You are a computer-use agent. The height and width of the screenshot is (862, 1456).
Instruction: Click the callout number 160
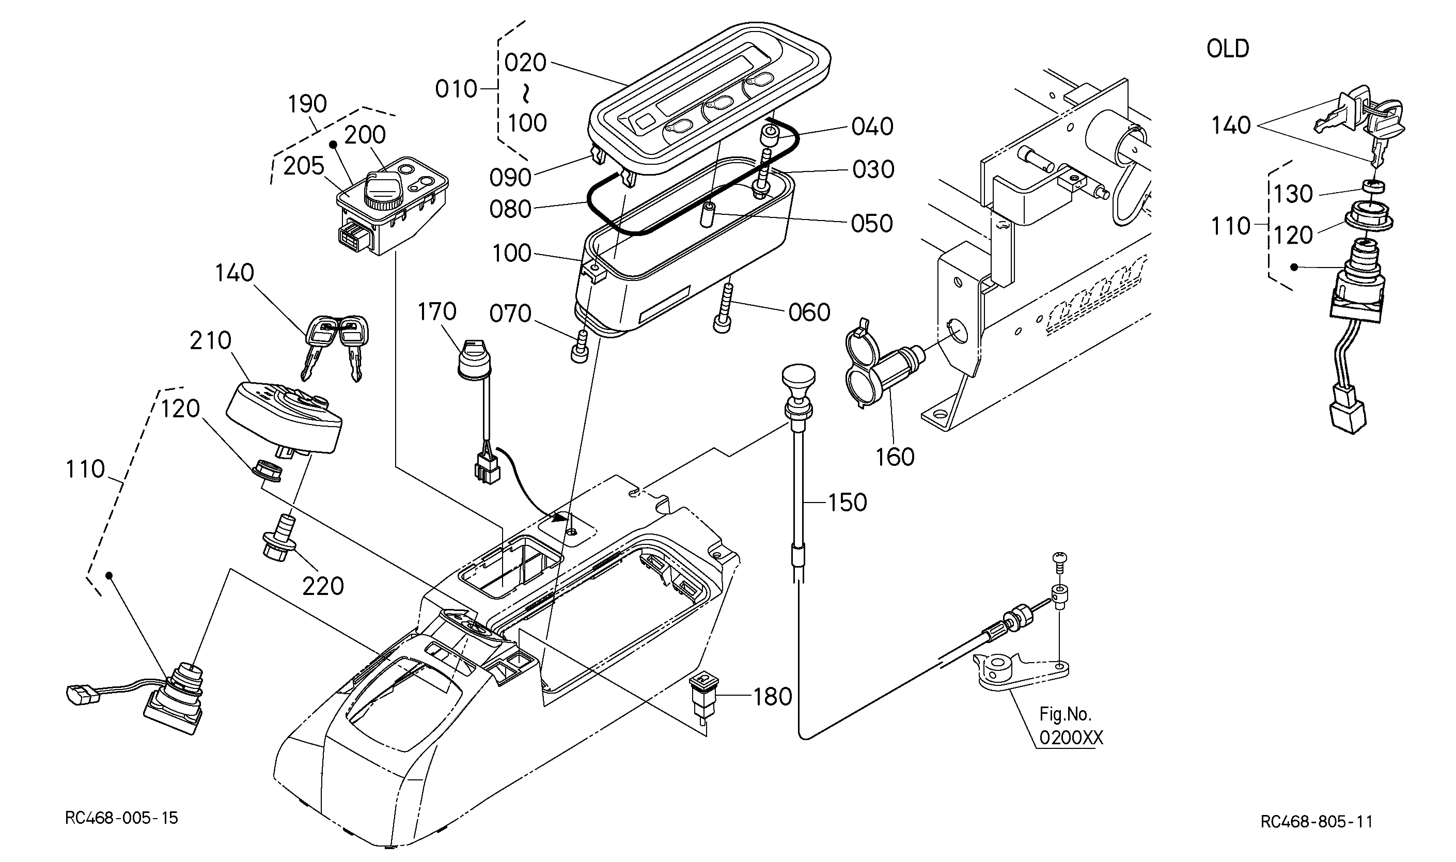point(895,458)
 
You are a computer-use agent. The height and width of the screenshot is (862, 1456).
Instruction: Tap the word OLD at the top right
point(1228,49)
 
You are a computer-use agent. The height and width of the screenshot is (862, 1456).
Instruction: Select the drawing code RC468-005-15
point(121,818)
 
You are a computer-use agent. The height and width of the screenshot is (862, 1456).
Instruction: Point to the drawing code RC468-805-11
point(1317,822)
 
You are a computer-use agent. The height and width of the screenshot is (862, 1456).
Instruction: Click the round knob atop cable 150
point(799,379)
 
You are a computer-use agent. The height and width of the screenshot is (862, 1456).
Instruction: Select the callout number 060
point(809,312)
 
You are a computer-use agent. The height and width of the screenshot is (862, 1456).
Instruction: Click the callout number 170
point(437,312)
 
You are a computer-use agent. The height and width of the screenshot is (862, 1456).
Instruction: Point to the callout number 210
point(210,340)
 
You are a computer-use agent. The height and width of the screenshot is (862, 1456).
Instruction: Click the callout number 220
point(323,586)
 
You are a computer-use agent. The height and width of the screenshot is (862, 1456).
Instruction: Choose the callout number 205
point(303,166)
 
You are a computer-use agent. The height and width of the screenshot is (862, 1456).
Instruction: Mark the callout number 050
point(872,224)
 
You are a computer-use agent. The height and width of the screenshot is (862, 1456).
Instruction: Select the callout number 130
point(1293,194)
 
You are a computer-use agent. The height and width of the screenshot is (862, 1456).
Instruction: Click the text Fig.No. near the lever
point(1065,714)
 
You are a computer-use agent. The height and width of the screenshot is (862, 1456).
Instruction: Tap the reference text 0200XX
point(1071,738)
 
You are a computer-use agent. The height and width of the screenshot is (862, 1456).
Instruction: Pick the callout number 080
point(510,209)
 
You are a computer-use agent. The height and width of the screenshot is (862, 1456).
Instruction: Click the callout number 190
point(307,104)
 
